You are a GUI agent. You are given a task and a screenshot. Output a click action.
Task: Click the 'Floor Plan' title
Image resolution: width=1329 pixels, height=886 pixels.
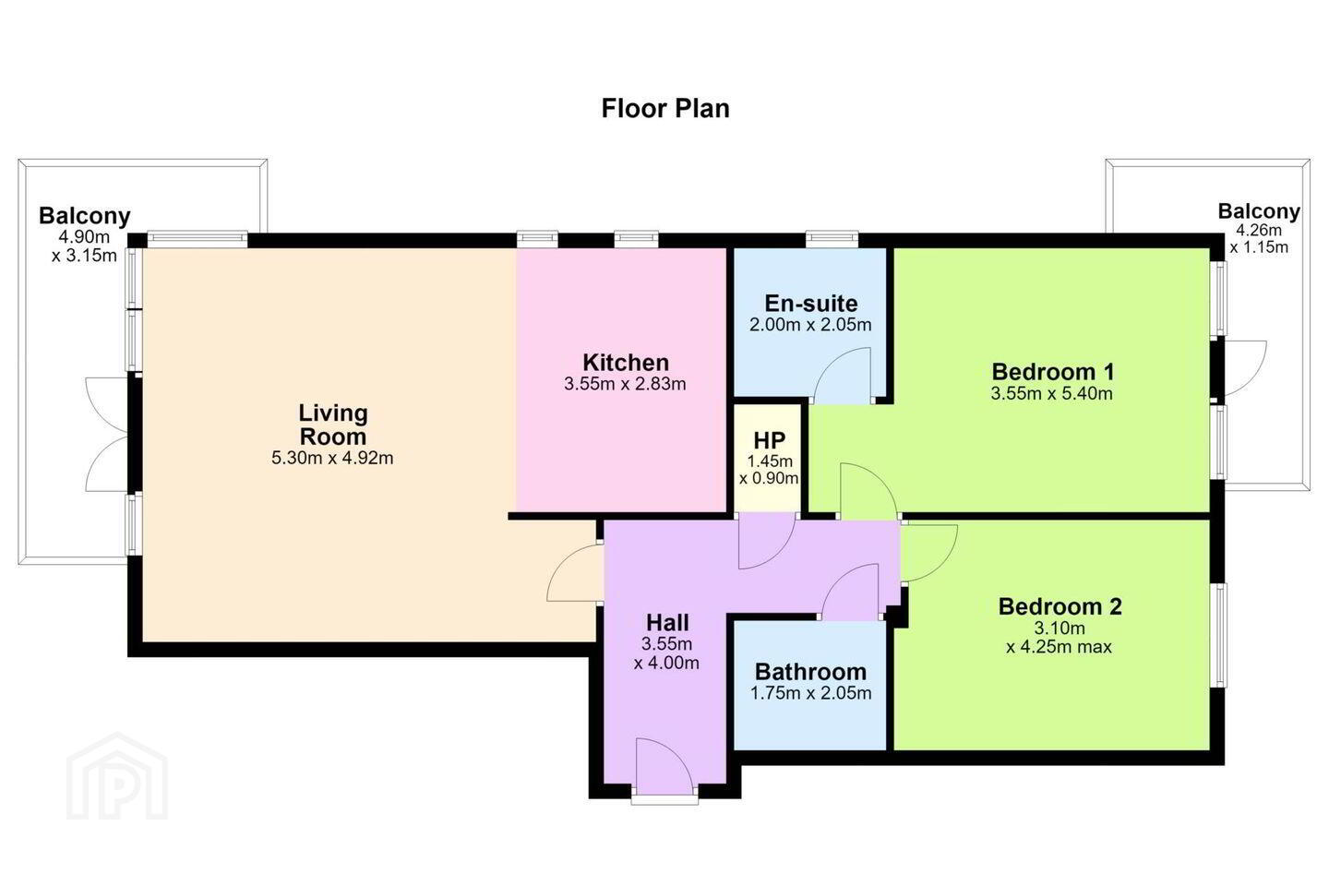coord(665,109)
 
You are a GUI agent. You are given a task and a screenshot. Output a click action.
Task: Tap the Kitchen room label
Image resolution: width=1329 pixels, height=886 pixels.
coord(626,362)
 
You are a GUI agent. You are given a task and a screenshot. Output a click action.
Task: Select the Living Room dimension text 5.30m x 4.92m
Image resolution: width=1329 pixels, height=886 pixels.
coord(332,458)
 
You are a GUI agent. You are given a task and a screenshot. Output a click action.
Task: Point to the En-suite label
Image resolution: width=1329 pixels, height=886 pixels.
coord(811,304)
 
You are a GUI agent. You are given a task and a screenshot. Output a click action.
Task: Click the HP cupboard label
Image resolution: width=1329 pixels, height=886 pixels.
coord(770,441)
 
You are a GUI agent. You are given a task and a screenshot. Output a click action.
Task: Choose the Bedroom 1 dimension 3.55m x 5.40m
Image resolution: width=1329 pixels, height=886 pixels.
coord(1052,393)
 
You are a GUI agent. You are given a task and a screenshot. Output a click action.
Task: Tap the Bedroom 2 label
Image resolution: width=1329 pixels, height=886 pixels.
coord(1060,606)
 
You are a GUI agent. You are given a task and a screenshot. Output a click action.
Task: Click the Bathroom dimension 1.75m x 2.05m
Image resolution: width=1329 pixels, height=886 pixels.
coord(811,693)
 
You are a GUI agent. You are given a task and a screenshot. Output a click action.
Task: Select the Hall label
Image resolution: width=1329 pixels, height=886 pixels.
coord(667,623)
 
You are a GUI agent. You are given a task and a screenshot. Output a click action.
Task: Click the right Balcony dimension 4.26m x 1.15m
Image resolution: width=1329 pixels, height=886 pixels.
coord(1259,238)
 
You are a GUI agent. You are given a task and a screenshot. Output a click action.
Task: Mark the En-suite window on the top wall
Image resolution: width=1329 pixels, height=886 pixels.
coord(832,238)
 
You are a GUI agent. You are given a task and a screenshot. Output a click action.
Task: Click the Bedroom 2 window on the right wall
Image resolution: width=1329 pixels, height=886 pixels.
coord(1218,636)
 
